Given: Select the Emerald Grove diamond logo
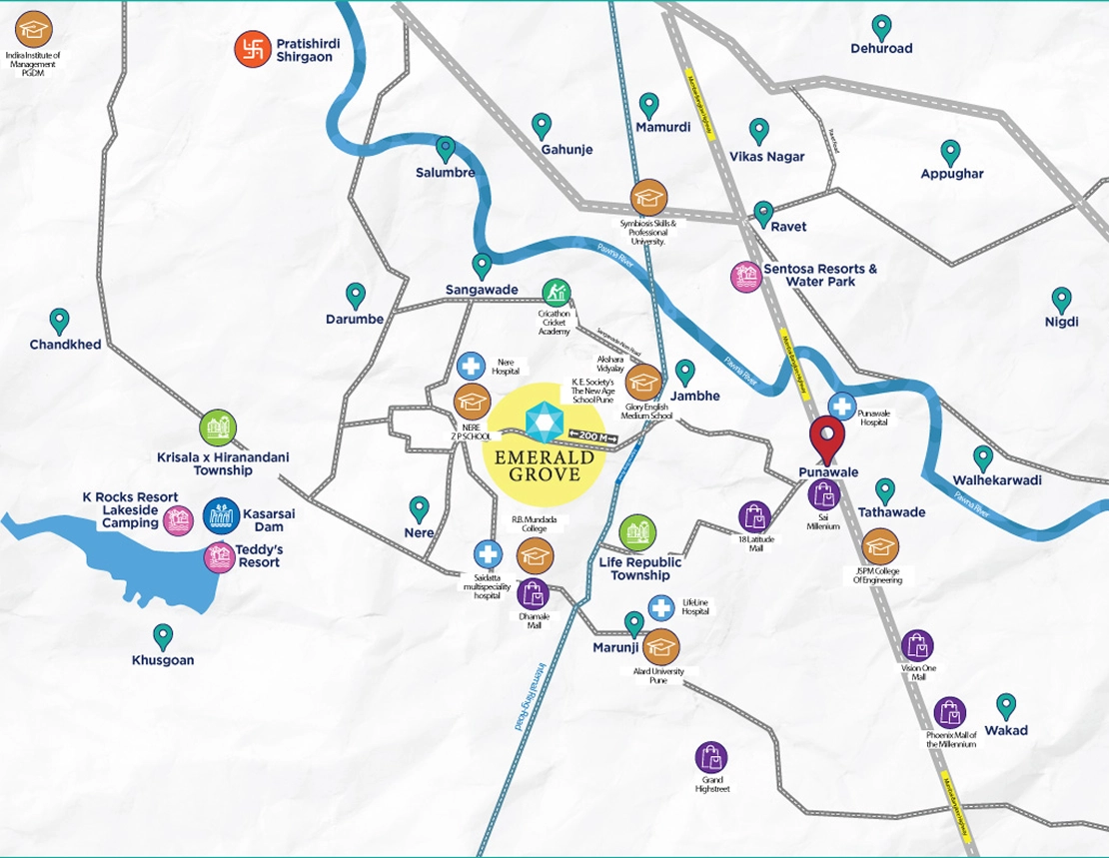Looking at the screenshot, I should pyautogui.click(x=546, y=421).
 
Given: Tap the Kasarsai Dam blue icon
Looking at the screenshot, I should pyautogui.click(x=220, y=516).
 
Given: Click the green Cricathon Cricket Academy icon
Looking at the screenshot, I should pyautogui.click(x=556, y=294).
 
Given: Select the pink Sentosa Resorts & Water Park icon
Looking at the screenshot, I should pyautogui.click(x=745, y=276).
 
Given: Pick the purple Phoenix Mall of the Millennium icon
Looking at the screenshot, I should pyautogui.click(x=949, y=713).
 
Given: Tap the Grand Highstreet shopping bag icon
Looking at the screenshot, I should pyautogui.click(x=712, y=757).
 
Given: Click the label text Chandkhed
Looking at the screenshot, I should pyautogui.click(x=65, y=345).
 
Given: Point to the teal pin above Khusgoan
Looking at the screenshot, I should pyautogui.click(x=163, y=635).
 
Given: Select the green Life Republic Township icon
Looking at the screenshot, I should pyautogui.click(x=637, y=534).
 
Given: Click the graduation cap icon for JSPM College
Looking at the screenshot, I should pyautogui.click(x=880, y=546).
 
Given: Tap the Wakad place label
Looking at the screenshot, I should pyautogui.click(x=1005, y=730).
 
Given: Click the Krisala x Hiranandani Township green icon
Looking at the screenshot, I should pyautogui.click(x=218, y=429).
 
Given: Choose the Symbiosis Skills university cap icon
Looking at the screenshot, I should pyautogui.click(x=647, y=197).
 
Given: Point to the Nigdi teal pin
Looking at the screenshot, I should pyautogui.click(x=1061, y=299).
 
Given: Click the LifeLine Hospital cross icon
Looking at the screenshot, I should pyautogui.click(x=660, y=606).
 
